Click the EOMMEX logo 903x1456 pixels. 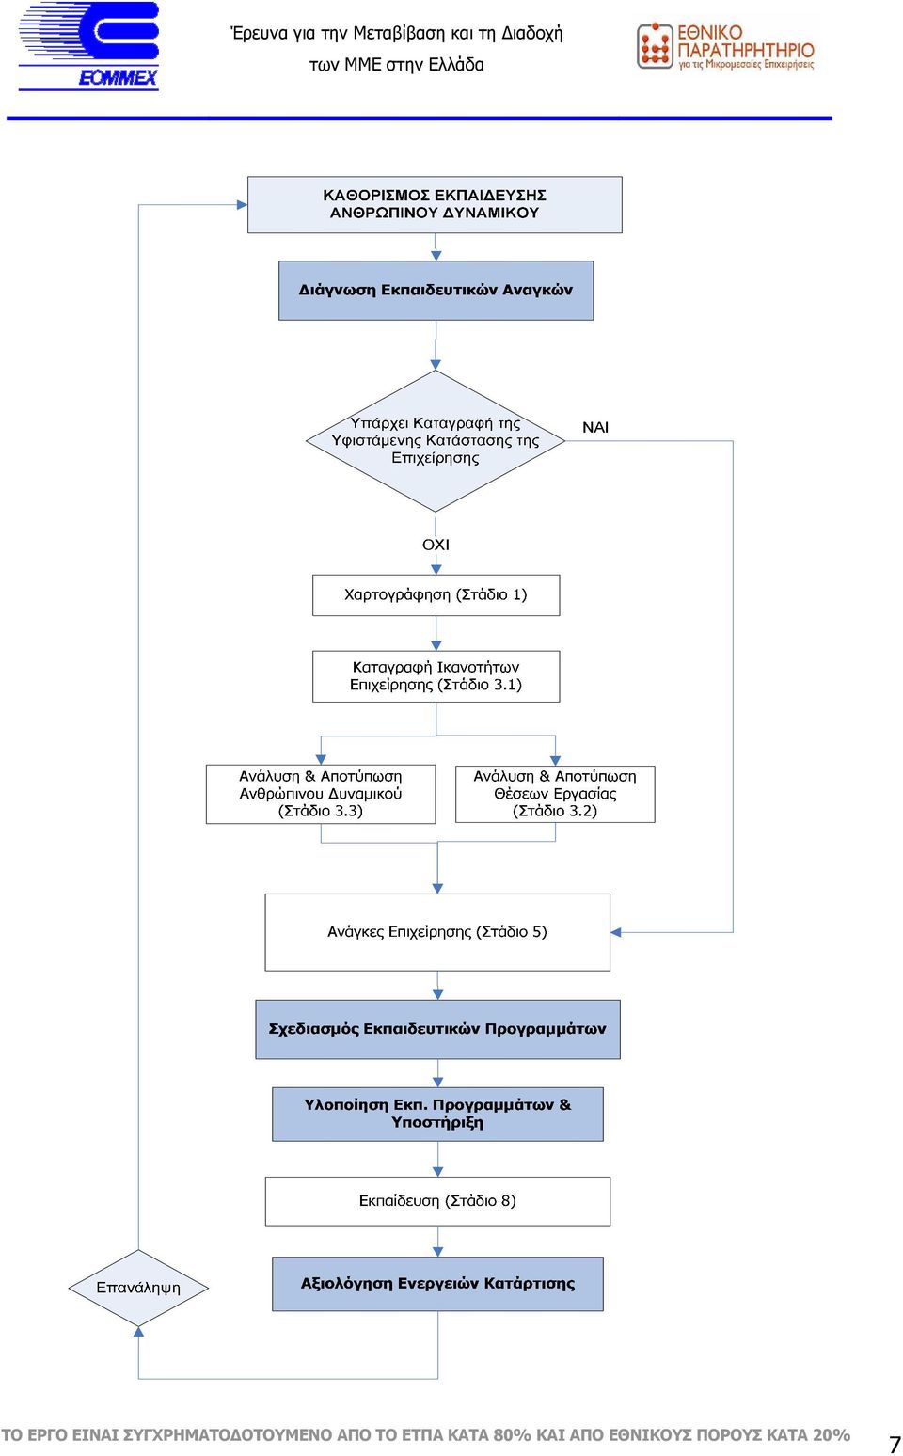[88, 46]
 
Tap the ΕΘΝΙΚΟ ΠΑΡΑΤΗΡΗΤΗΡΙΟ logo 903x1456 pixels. [725, 46]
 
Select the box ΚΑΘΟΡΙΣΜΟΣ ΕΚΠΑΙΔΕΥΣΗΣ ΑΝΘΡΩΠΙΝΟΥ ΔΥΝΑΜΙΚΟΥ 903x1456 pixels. [435, 205]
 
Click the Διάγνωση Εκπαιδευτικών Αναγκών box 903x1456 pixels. [436, 291]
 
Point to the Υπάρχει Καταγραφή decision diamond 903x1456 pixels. [436, 441]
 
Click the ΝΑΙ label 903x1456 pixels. [595, 428]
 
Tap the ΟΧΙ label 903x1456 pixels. [436, 545]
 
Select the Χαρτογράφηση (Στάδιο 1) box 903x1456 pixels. [436, 594]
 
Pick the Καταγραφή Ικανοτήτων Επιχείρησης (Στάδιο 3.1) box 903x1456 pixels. [436, 676]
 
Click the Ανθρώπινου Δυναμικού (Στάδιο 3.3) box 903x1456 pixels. [321, 794]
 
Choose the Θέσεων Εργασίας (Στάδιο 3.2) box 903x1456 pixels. [555, 794]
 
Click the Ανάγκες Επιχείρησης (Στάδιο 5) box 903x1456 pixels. [437, 932]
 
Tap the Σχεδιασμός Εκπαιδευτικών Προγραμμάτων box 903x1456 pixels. [437, 1029]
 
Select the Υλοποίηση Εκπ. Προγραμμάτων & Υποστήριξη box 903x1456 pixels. [437, 1114]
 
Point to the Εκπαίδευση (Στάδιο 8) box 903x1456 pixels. [437, 1200]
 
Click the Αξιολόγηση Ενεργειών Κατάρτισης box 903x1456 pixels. [437, 1284]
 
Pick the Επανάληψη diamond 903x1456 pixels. [138, 1288]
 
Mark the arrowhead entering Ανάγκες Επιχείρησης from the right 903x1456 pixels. [616, 932]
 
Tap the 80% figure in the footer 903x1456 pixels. [512, 1434]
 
